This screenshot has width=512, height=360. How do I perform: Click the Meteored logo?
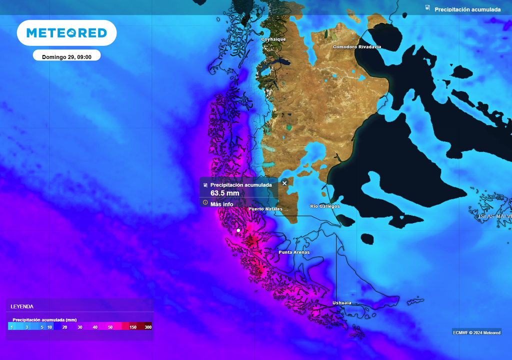pos(66,33)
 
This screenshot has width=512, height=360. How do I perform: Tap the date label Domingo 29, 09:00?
pos(66,57)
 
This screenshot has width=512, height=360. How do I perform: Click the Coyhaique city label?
pos(273,39)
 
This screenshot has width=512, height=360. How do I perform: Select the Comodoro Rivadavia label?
pos(357,47)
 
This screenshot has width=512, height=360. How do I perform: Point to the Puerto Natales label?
pos(265,209)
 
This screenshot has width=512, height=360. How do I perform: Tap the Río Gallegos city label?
pos(325,206)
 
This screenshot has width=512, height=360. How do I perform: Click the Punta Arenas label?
pos(294,252)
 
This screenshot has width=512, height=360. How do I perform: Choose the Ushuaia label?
pos(342,303)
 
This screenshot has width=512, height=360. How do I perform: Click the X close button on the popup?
pos(284,183)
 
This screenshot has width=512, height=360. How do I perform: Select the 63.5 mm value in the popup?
pos(224,193)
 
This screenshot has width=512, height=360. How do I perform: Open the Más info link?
pos(221,204)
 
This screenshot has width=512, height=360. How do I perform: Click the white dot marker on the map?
pos(238,230)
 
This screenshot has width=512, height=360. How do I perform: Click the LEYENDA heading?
pos(22,306)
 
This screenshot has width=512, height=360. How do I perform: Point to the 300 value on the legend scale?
pos(148,327)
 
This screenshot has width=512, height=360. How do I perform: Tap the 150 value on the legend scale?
pos(133,327)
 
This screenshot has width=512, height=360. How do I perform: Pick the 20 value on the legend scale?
pos(64,327)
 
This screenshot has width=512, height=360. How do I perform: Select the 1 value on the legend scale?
pos(11,327)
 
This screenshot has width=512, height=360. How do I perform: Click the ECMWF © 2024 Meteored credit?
pos(476,332)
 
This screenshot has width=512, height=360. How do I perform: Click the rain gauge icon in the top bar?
pos(427,8)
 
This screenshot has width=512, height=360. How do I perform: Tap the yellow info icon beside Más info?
pos(205,203)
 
